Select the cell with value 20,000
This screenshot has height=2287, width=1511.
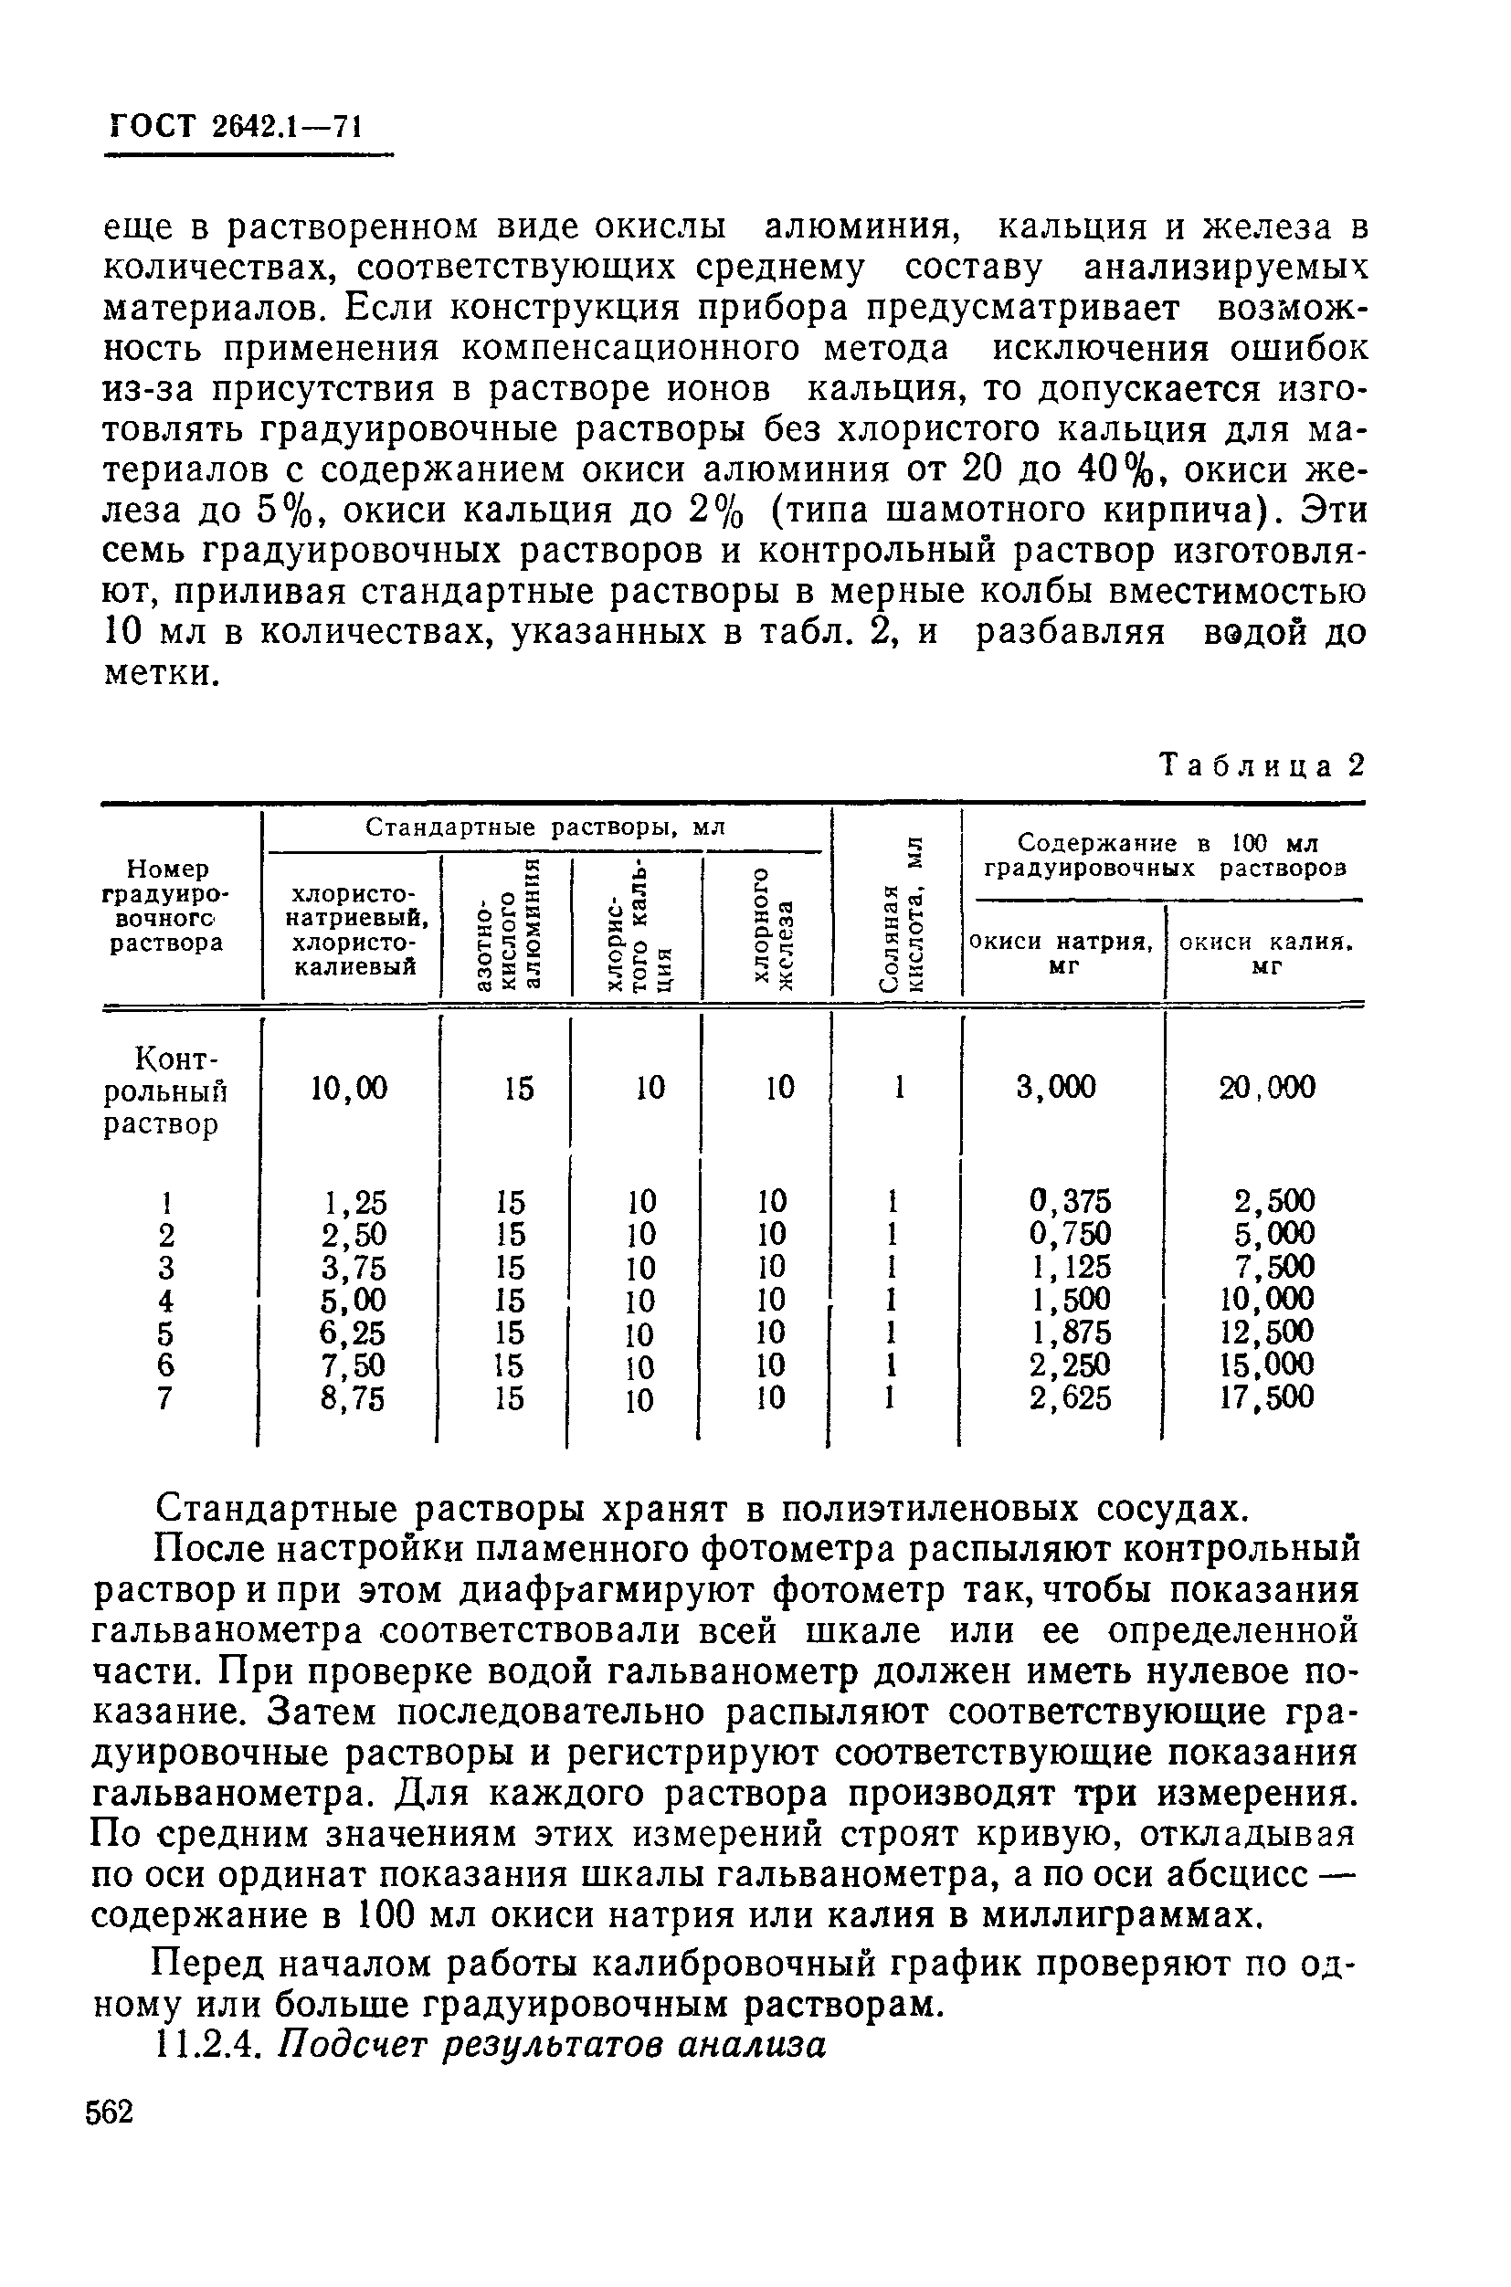click(x=1266, y=1088)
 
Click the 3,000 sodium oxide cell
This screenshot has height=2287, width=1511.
click(x=1056, y=1088)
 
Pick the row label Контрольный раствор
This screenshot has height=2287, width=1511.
click(x=165, y=1091)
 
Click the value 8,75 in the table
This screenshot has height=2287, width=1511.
click(x=353, y=1397)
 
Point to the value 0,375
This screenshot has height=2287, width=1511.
click(x=1070, y=1201)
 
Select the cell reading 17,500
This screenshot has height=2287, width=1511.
click(x=1266, y=1397)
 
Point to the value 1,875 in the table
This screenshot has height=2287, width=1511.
click(x=1070, y=1333)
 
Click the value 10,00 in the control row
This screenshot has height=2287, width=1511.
click(x=348, y=1089)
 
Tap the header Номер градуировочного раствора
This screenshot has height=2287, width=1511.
click(x=165, y=907)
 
